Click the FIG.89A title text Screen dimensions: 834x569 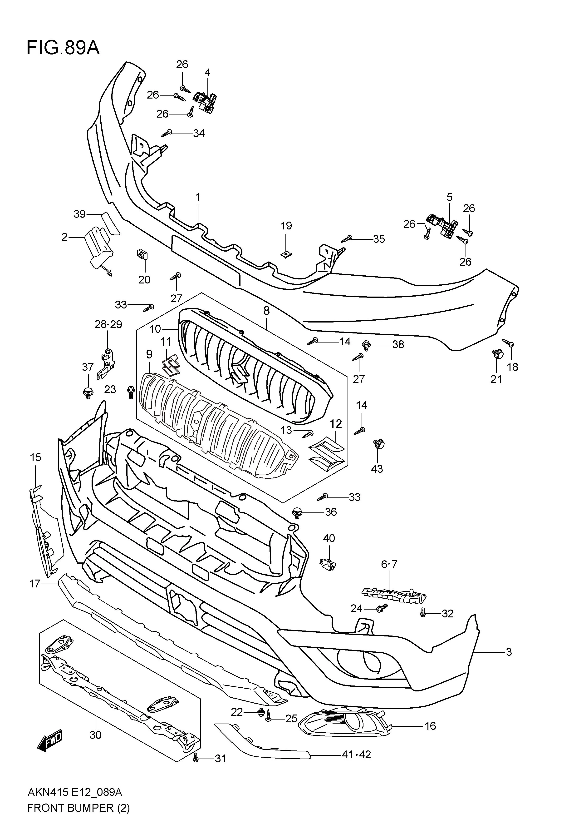click(63, 48)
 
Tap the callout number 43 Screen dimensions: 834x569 click(377, 469)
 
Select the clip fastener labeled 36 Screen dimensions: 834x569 click(297, 513)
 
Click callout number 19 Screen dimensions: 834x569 click(286, 226)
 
